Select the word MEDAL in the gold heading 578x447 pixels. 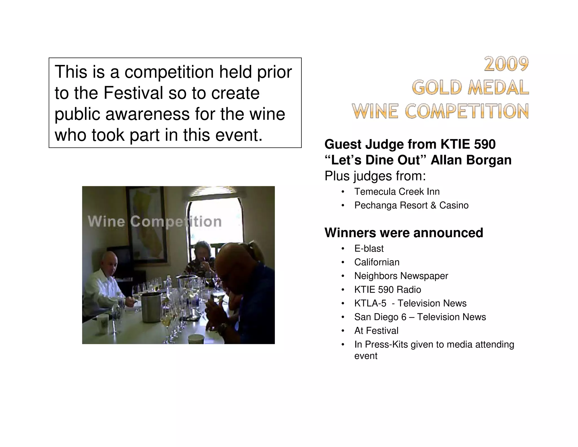coord(498,87)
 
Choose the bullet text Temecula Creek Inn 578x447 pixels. coord(397,192)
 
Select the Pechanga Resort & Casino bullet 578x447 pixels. coord(411,205)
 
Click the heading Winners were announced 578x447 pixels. coord(404,233)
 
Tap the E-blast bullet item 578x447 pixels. coord(369,249)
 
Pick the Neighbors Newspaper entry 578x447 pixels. coord(401,276)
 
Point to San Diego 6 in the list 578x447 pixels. coord(380,317)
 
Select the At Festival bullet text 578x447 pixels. coord(376,331)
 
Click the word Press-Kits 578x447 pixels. coord(386,344)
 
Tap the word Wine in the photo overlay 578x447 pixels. coord(106,221)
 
